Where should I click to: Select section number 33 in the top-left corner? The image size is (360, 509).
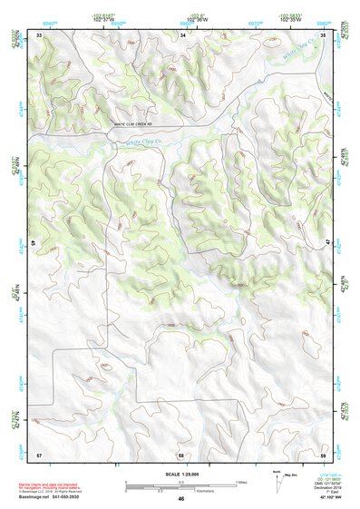[x=39, y=34]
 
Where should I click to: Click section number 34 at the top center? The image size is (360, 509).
[x=183, y=34]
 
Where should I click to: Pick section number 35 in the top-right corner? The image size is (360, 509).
[x=323, y=34]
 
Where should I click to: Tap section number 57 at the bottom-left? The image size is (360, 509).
[x=39, y=453]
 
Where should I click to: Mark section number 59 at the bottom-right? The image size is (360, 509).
[x=323, y=453]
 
